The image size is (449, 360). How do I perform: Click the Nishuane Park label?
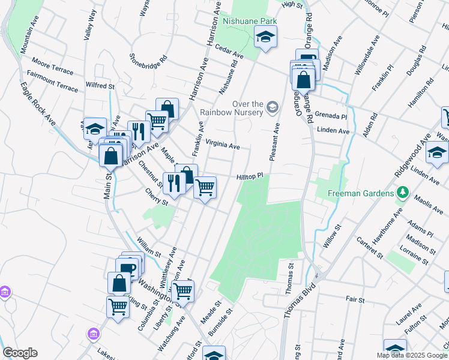click(x=250, y=20)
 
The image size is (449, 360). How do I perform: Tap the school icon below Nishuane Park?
click(x=264, y=37)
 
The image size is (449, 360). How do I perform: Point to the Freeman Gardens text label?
click(x=360, y=193)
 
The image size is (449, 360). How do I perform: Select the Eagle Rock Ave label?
click(x=44, y=104)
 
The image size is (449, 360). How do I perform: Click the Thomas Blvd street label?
click(x=298, y=298)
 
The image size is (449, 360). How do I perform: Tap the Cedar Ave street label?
click(x=230, y=53)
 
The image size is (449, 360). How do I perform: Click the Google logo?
click(x=20, y=353)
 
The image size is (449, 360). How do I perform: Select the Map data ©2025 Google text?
click(x=412, y=355)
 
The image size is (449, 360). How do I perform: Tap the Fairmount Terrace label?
click(x=52, y=83)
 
